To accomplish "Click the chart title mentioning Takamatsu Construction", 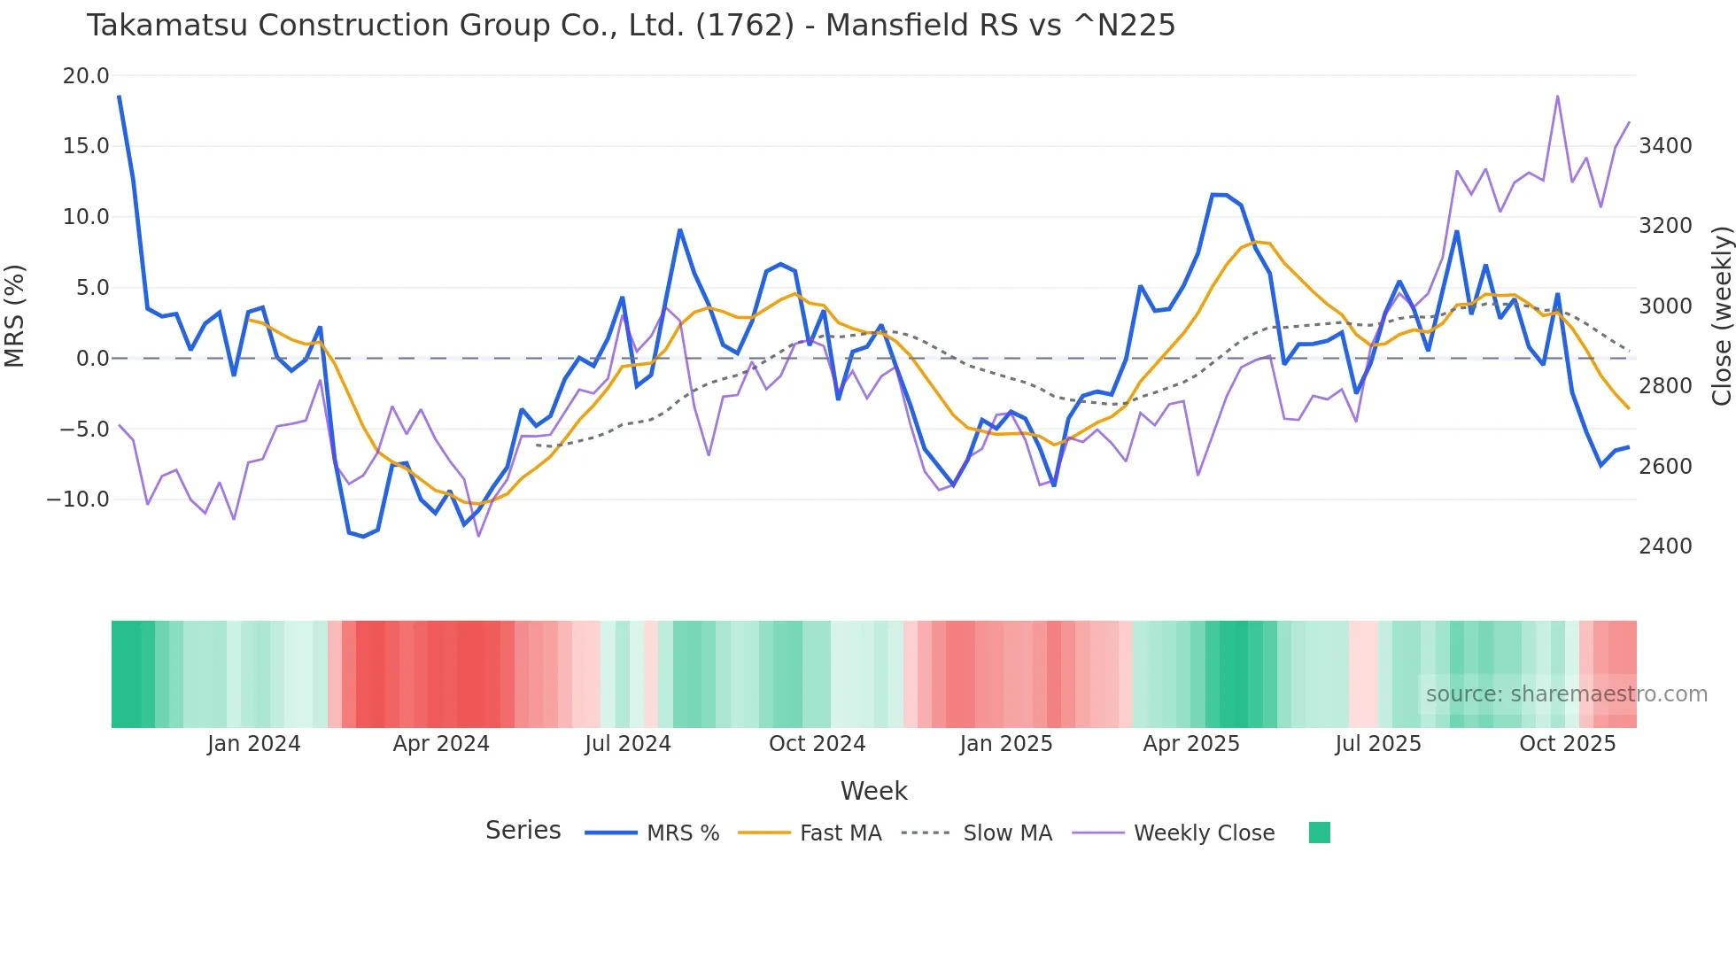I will click(630, 26).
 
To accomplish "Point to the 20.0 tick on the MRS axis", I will click(86, 76).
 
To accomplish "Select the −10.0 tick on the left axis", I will click(78, 500).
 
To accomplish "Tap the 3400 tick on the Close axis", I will click(1665, 146).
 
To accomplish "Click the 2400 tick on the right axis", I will click(1665, 546).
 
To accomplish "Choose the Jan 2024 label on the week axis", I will click(253, 744).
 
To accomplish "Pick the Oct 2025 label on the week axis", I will click(1567, 744).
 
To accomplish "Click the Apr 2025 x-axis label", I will click(1190, 744).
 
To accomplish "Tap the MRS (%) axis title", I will click(15, 316).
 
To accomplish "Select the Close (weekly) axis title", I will click(1721, 316).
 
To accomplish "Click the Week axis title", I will click(873, 791).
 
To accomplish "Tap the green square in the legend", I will click(1319, 833).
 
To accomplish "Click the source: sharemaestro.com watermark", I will click(1566, 694).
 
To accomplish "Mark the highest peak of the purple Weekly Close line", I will click(1557, 97).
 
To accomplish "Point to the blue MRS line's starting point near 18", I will click(119, 97).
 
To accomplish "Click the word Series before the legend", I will click(523, 831).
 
